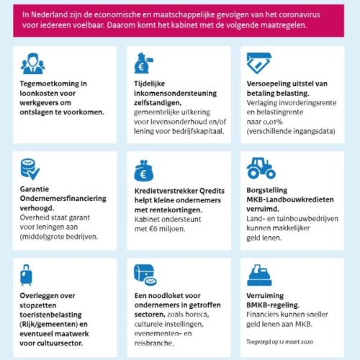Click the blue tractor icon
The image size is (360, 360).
261,168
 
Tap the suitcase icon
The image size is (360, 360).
26,275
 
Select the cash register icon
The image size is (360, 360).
259,275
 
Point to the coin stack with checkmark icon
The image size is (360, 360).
30,169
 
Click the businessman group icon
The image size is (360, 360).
32,63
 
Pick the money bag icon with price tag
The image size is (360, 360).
143,63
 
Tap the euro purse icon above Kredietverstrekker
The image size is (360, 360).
143,171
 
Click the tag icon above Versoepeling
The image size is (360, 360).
259,63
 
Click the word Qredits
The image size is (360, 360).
212,191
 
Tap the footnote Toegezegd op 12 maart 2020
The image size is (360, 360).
280,342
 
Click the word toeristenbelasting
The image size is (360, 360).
50,315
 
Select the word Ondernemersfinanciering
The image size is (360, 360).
63,199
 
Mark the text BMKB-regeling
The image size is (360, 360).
273,305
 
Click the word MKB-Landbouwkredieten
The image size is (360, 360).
290,199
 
